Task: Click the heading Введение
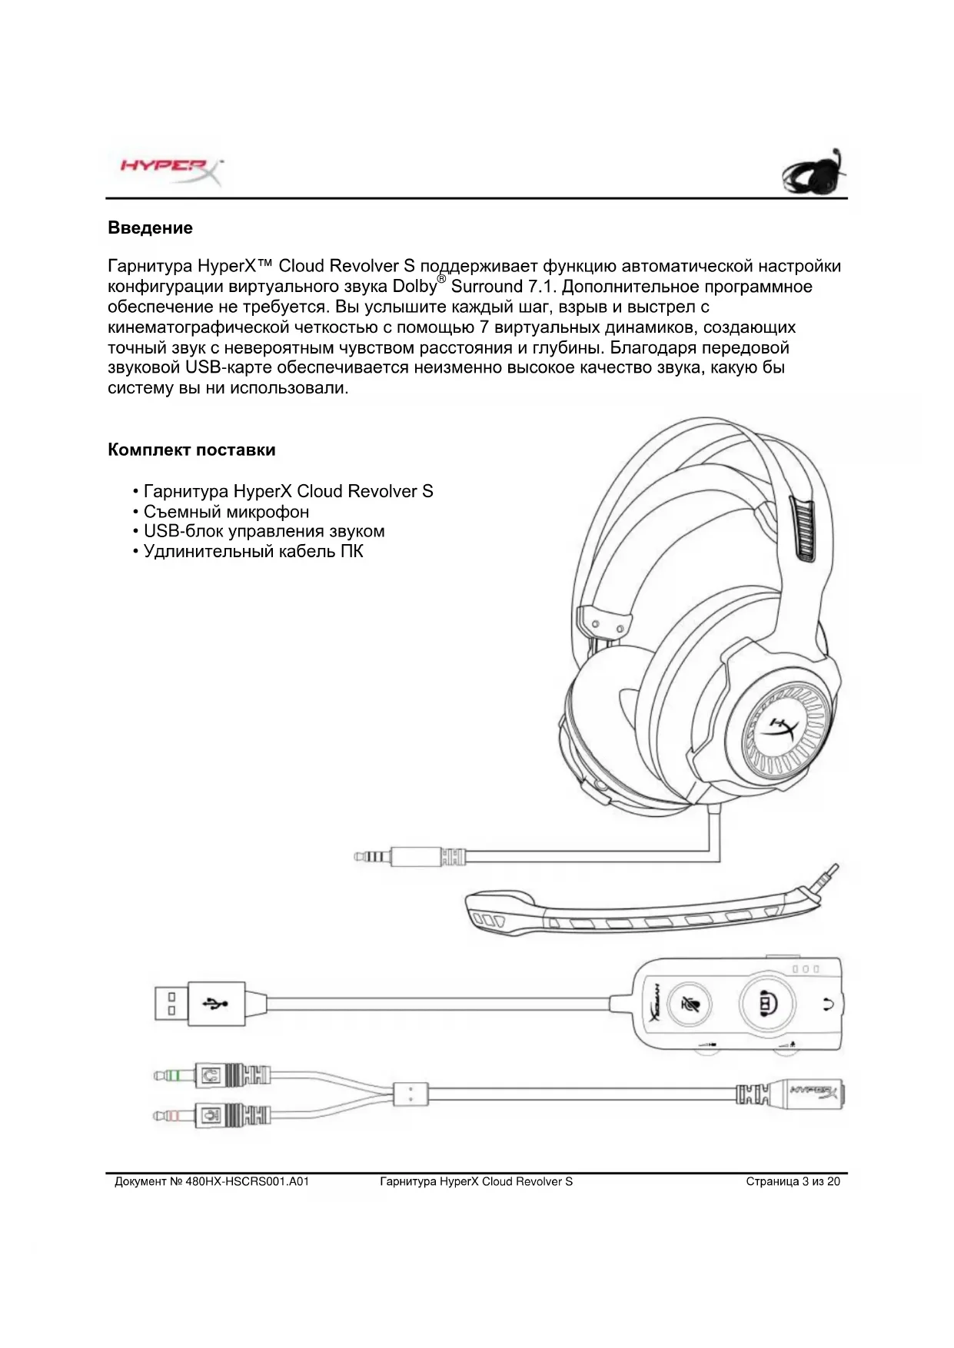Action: click(150, 228)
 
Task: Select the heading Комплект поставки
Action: click(191, 450)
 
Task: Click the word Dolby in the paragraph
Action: click(414, 287)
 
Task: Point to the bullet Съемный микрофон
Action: click(226, 512)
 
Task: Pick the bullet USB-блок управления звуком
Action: click(264, 532)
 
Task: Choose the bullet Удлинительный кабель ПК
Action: click(253, 552)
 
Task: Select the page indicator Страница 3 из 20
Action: click(793, 1182)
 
